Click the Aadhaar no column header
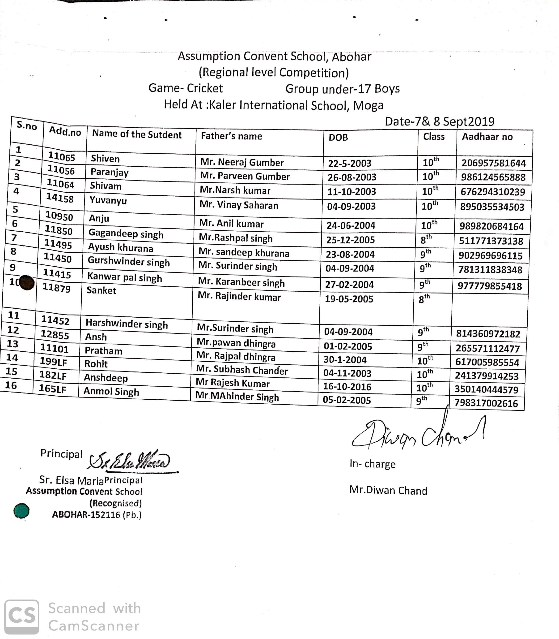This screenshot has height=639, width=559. [x=487, y=137]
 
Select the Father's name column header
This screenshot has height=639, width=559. [x=231, y=136]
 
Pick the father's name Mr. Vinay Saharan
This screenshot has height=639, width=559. [x=239, y=205]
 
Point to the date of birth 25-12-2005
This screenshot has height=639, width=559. [x=350, y=240]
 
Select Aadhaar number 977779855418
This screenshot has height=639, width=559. [x=489, y=286]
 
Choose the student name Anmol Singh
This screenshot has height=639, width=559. [x=111, y=391]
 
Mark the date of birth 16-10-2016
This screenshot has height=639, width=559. [x=347, y=387]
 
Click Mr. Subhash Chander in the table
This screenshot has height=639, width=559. [x=242, y=370]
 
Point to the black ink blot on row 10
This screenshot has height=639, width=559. [x=27, y=283]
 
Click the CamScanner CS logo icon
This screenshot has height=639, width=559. [x=21, y=617]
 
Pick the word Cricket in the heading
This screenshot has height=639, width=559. [x=205, y=88]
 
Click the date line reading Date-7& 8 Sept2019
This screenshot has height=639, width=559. [x=439, y=121]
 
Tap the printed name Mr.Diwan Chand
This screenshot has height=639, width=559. [x=388, y=491]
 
